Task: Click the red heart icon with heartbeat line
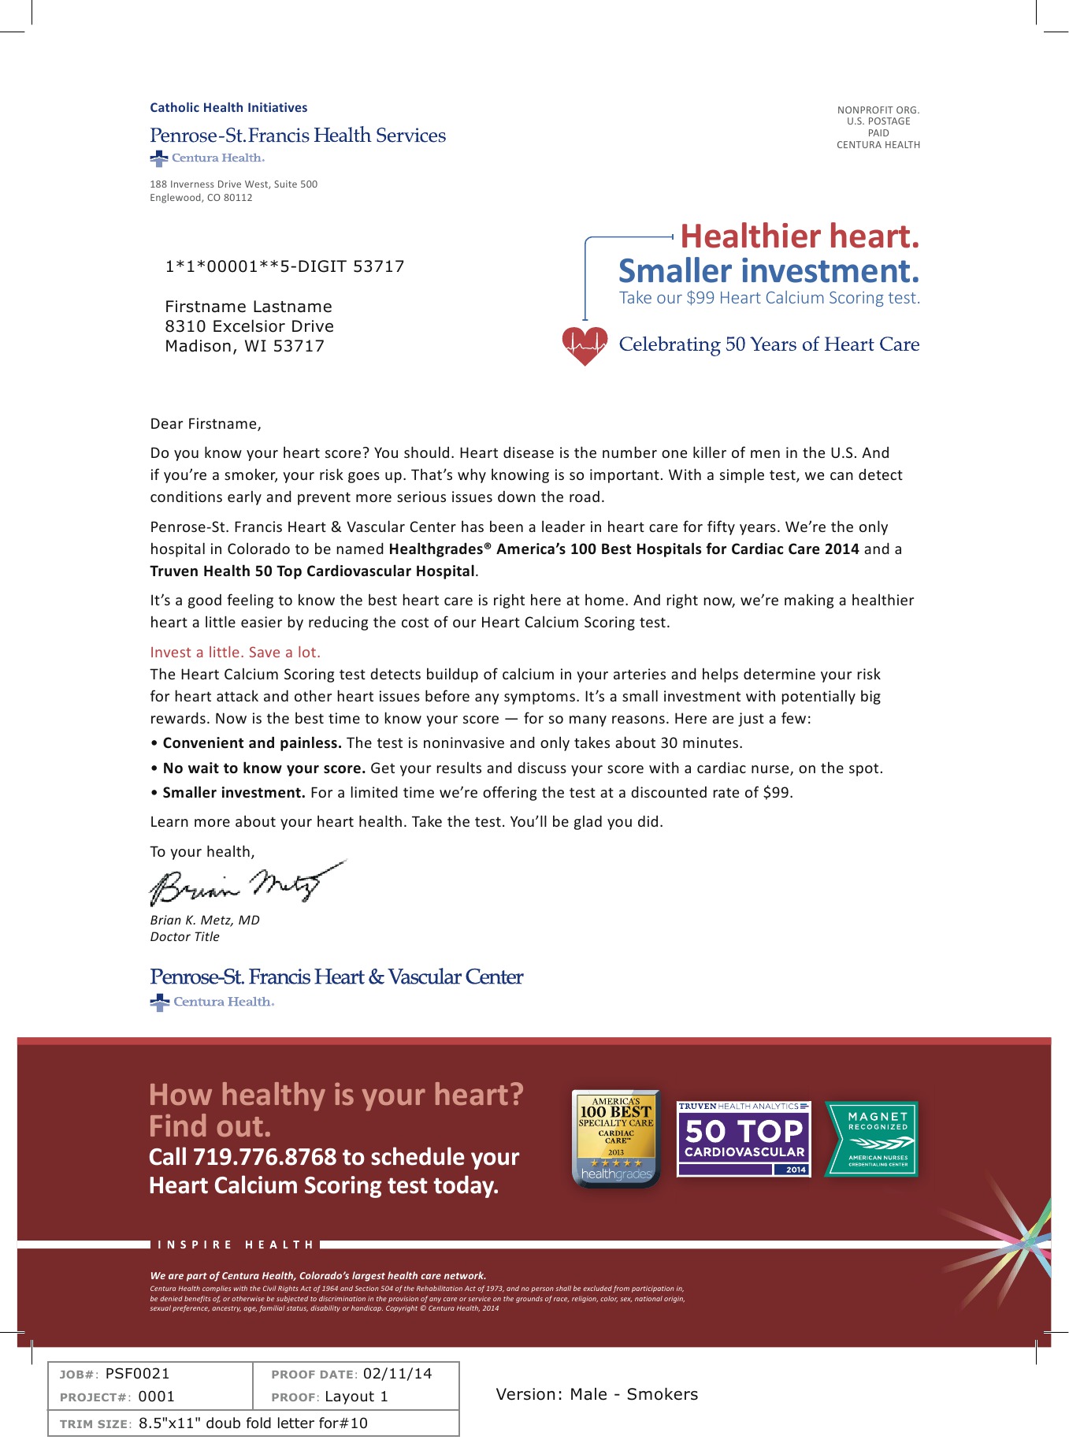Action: point(585,345)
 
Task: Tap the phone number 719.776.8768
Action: point(265,1157)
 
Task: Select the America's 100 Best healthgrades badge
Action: point(616,1138)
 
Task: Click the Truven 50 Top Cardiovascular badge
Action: point(744,1138)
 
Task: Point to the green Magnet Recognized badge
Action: point(872,1138)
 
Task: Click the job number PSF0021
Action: point(137,1374)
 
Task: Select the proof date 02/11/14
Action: point(397,1374)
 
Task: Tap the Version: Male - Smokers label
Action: point(596,1394)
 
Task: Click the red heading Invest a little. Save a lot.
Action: point(235,653)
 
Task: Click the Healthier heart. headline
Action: point(799,236)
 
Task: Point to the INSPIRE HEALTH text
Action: point(236,1245)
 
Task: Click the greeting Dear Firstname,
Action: point(206,424)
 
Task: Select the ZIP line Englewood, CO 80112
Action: point(201,198)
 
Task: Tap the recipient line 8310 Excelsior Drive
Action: point(249,326)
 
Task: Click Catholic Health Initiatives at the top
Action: point(228,108)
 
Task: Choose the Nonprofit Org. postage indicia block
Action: point(878,127)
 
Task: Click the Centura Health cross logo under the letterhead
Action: point(159,158)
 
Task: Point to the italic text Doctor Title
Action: point(184,937)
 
